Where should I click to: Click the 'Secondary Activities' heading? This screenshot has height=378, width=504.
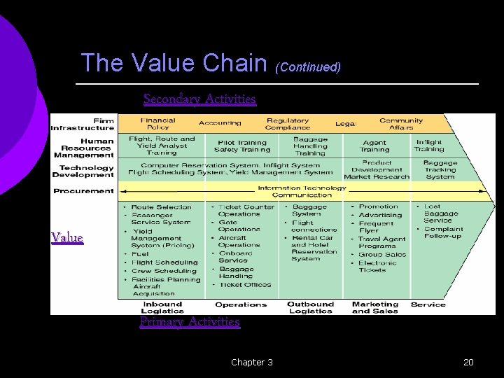(x=199, y=99)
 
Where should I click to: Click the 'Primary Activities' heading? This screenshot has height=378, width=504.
(x=190, y=322)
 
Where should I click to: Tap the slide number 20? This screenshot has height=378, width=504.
(x=468, y=362)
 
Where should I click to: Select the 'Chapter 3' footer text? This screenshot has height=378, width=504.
(x=252, y=362)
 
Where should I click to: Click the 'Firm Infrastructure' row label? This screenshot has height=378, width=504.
(x=82, y=124)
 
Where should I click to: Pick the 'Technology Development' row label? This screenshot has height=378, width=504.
(x=86, y=171)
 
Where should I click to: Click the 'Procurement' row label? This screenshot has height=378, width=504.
(x=83, y=190)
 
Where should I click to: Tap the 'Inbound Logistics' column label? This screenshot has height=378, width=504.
(x=162, y=307)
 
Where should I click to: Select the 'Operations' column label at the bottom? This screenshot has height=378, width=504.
(x=241, y=304)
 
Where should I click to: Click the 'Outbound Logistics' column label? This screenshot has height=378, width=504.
(x=310, y=307)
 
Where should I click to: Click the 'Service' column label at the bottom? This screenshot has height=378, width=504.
(x=428, y=304)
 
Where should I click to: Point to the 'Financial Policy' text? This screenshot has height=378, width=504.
(x=157, y=124)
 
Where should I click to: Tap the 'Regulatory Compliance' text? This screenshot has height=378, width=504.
(x=287, y=124)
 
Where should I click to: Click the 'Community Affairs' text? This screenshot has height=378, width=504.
(x=401, y=124)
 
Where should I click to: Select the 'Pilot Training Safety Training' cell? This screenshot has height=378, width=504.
(x=241, y=146)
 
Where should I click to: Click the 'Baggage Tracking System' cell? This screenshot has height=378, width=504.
(x=440, y=170)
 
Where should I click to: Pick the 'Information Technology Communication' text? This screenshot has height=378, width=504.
(x=302, y=191)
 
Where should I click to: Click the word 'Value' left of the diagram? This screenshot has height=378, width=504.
(x=67, y=238)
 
